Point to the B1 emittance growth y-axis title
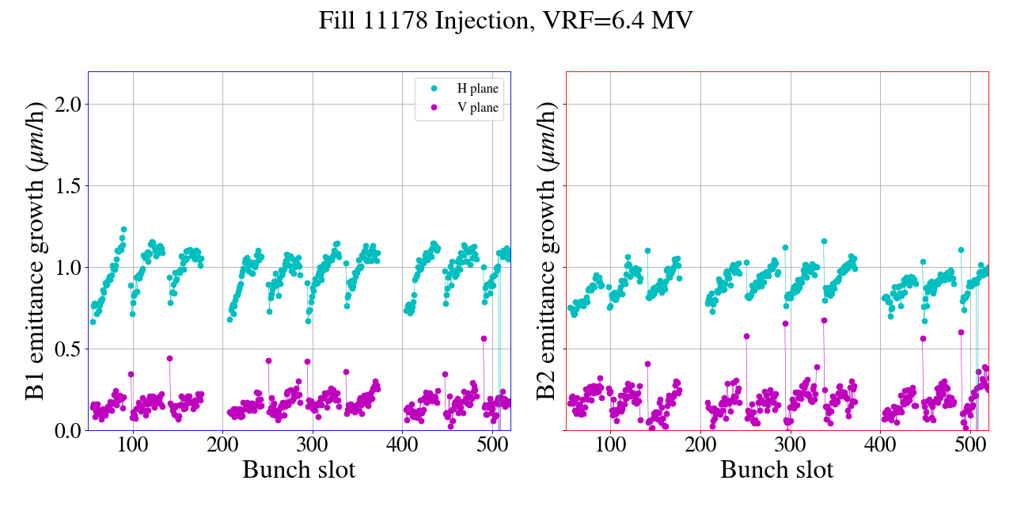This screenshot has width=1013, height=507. point(36,251)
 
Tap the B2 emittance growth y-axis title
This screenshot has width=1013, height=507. point(546,251)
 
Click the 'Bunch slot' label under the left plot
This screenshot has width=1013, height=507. point(298,470)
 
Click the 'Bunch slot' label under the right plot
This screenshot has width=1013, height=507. point(776,470)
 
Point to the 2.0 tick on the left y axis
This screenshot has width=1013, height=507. point(66,104)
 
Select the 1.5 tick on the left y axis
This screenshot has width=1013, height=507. point(66,185)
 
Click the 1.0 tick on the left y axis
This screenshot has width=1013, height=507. point(66,267)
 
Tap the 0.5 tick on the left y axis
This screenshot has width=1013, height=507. point(66,349)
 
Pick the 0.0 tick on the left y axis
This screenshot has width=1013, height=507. point(66,430)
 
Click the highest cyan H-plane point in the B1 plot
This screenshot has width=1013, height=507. point(123,230)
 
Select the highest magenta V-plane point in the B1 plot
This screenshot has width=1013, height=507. point(484,338)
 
